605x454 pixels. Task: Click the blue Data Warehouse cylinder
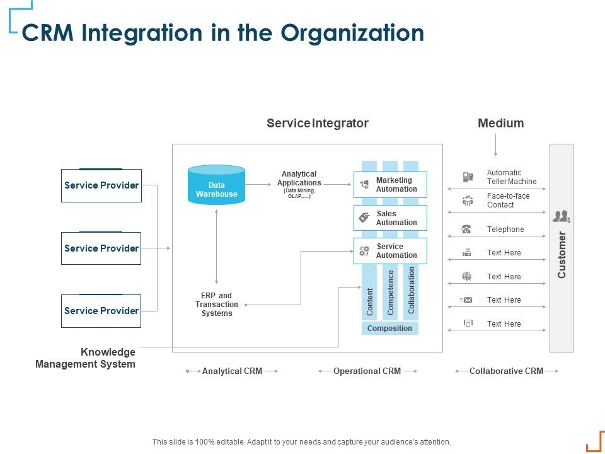tap(216, 186)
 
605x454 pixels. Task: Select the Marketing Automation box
tap(390, 185)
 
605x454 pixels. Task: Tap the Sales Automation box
tap(390, 218)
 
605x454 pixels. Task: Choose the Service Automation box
tap(390, 251)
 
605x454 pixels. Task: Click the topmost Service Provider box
tap(101, 185)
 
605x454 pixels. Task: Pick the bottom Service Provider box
tap(101, 311)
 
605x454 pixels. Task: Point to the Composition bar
tap(389, 329)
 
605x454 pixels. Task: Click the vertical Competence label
tap(391, 293)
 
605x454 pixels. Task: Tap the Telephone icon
tap(466, 230)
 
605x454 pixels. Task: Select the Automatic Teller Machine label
tap(512, 177)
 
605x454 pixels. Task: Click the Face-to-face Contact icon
tap(467, 201)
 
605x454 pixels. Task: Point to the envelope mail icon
tap(467, 300)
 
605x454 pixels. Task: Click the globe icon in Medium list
tap(467, 276)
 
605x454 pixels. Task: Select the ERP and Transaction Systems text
tap(217, 305)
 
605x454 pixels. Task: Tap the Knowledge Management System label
tap(86, 358)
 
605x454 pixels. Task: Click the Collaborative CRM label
tap(506, 371)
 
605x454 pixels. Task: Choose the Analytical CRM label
tap(232, 371)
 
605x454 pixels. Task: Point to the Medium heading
tap(500, 124)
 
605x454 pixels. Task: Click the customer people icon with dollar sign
tap(561, 217)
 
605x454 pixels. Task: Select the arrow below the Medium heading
tap(496, 146)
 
